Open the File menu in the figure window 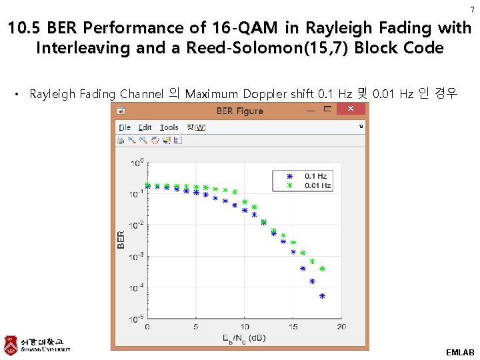pyautogui.click(x=125, y=127)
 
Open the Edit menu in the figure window pyautogui.click(x=145, y=127)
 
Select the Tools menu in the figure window pyautogui.click(x=169, y=127)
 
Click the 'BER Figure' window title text pyautogui.click(x=239, y=111)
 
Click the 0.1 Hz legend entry pyautogui.click(x=315, y=176)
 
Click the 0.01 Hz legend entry pyautogui.click(x=317, y=185)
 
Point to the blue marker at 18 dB pyautogui.click(x=322, y=296)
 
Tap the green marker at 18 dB pyautogui.click(x=322, y=269)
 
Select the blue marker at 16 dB pyautogui.click(x=303, y=269)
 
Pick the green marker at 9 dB pyautogui.click(x=235, y=193)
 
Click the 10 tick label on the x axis pyautogui.click(x=245, y=327)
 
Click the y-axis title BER pyautogui.click(x=121, y=240)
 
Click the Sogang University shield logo pyautogui.click(x=11, y=344)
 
